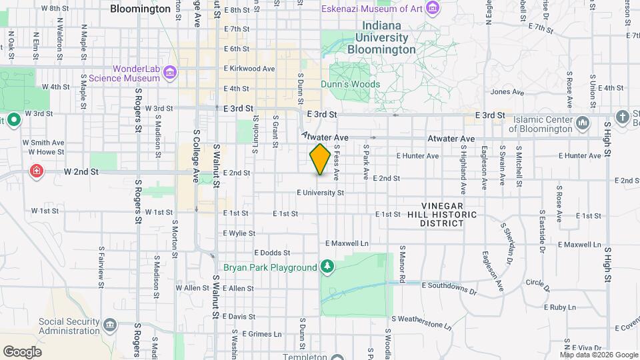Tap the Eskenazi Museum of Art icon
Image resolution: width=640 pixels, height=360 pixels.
pyautogui.click(x=434, y=9)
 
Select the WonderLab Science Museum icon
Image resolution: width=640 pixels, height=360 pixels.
pyautogui.click(x=170, y=72)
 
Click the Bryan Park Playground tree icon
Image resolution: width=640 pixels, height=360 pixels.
pyautogui.click(x=327, y=267)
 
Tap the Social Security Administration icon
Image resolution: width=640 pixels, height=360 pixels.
pyautogui.click(x=109, y=326)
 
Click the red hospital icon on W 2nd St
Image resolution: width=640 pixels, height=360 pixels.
pyautogui.click(x=35, y=171)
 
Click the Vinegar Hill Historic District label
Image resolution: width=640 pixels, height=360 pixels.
pyautogui.click(x=451, y=215)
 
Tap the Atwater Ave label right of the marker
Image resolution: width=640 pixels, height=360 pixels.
pyautogui.click(x=452, y=139)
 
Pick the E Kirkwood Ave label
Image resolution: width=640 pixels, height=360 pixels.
pyautogui.click(x=249, y=69)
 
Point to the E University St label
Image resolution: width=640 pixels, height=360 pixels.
pyautogui.click(x=320, y=193)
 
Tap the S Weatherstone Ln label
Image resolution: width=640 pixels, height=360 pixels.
pyautogui.click(x=421, y=323)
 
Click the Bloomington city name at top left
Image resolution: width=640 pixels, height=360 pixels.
pyautogui.click(x=140, y=9)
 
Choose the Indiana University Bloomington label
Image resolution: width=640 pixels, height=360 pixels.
pyautogui.click(x=385, y=38)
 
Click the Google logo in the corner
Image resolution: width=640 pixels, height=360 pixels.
pyautogui.click(x=22, y=351)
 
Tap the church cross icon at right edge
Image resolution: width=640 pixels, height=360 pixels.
pyautogui.click(x=623, y=117)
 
